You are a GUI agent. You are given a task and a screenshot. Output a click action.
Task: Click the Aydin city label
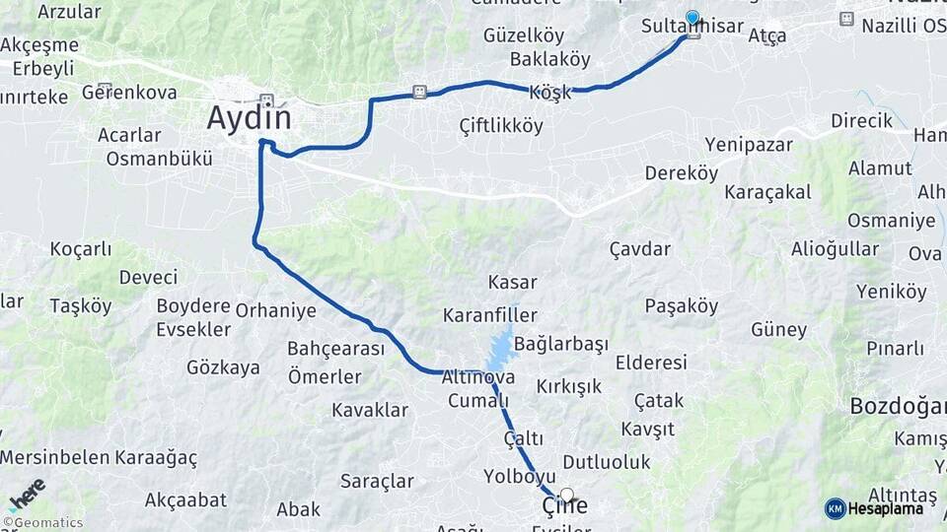click(x=250, y=118)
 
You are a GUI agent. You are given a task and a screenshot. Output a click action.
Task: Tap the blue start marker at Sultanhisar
click(x=692, y=18)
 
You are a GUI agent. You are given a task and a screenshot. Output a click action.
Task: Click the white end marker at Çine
click(x=566, y=495)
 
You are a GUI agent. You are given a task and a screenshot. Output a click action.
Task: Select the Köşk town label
click(x=550, y=92)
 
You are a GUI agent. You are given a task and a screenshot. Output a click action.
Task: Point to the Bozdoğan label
click(x=898, y=406)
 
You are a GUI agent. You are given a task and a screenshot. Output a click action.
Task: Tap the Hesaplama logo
click(x=875, y=508)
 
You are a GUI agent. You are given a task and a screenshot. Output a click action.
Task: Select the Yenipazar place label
click(x=749, y=145)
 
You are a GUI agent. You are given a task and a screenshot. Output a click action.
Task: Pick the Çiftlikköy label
click(x=501, y=126)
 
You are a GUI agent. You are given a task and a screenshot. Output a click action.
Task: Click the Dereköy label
click(x=681, y=173)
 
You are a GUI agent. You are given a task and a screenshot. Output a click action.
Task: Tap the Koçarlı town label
click(x=81, y=249)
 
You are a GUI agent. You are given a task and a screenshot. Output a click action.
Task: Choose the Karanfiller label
click(x=489, y=316)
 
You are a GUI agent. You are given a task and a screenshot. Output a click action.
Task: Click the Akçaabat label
click(x=182, y=500)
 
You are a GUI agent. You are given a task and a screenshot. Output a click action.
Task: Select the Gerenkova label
click(x=129, y=93)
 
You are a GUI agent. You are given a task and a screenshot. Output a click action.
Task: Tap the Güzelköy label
click(x=524, y=35)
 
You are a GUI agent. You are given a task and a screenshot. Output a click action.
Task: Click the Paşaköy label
click(x=682, y=306)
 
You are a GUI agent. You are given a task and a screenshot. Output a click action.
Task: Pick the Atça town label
click(x=766, y=36)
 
